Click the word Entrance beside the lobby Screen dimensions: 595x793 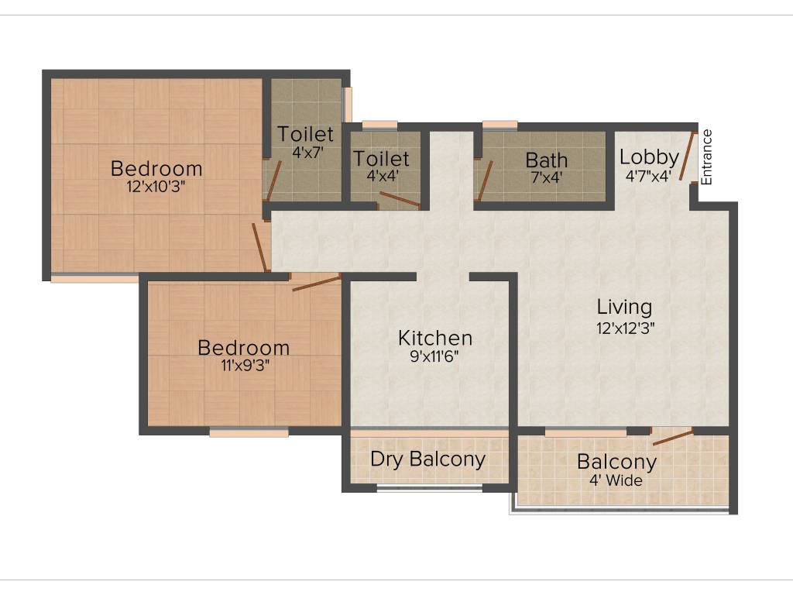click(x=706, y=157)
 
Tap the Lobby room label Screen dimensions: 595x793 click(x=649, y=156)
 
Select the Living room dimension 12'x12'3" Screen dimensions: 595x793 click(x=626, y=328)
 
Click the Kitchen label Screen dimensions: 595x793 click(x=434, y=338)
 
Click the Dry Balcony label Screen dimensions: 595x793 click(x=427, y=459)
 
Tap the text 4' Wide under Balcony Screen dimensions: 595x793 click(x=616, y=480)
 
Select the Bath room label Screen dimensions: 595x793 click(x=546, y=160)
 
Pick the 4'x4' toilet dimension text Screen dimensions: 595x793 click(x=381, y=176)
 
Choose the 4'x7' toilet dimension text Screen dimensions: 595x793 click(x=306, y=153)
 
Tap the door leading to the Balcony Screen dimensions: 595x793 click(x=672, y=437)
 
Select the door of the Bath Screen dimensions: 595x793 click(x=484, y=181)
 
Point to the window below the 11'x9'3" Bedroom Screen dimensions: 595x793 click(x=249, y=432)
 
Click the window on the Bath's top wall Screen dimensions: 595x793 click(x=499, y=124)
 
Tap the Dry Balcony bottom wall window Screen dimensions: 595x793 click(x=429, y=488)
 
